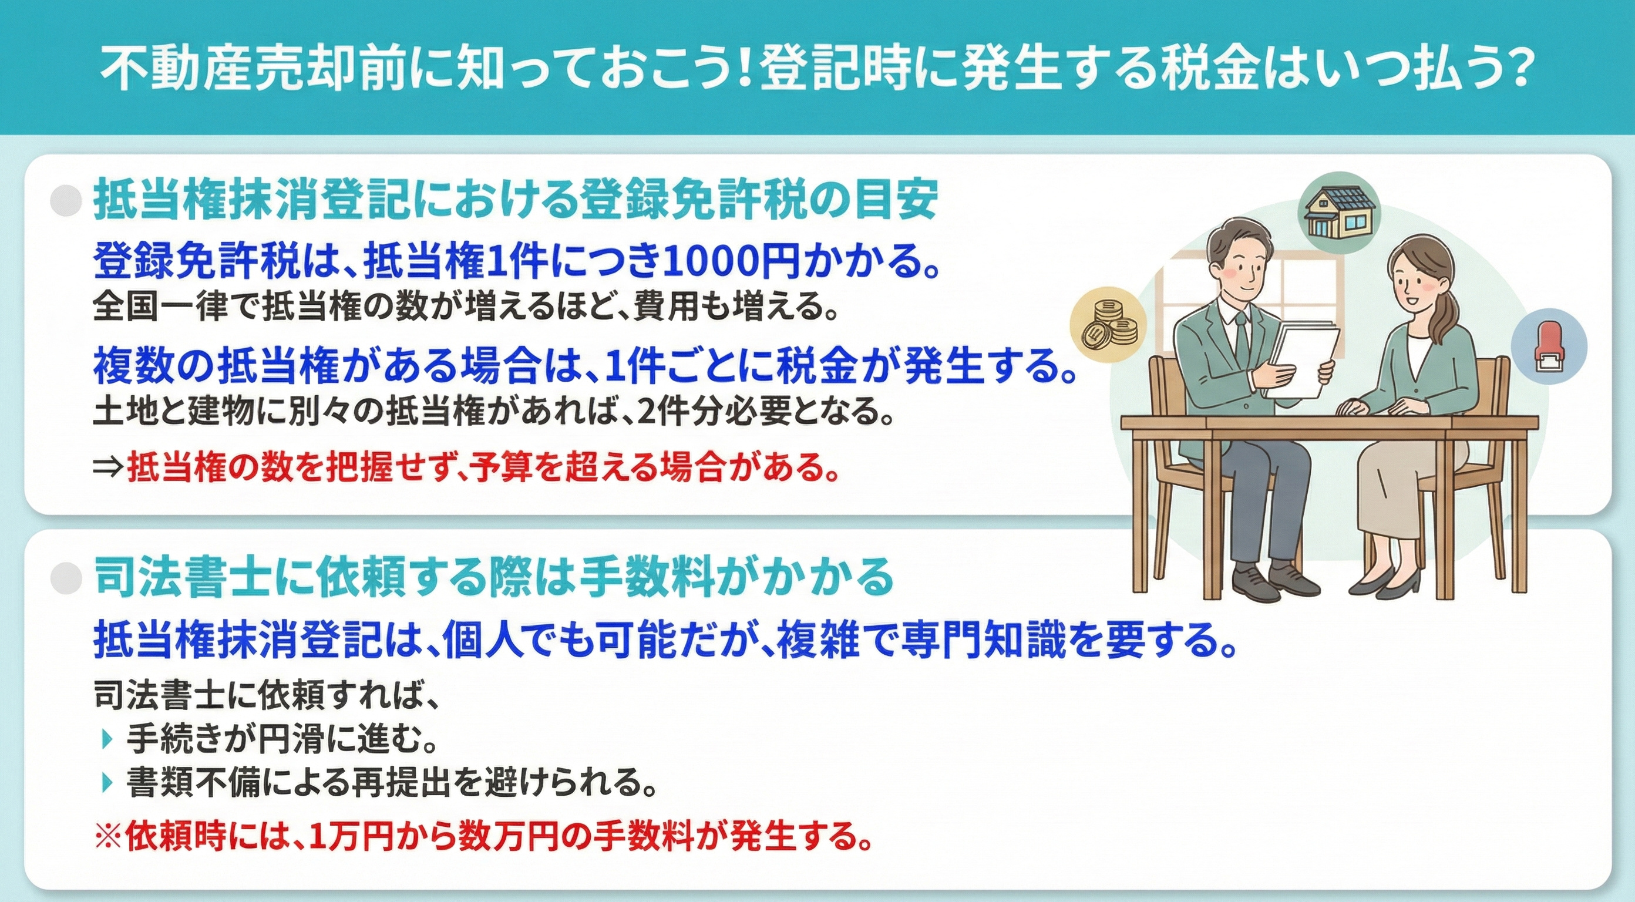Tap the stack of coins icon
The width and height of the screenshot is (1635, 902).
tap(1108, 323)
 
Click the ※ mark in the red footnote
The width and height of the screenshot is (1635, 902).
tap(109, 837)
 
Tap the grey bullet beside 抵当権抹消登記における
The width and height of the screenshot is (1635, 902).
tap(66, 202)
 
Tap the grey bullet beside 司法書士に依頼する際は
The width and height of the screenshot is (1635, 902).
tap(66, 578)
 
